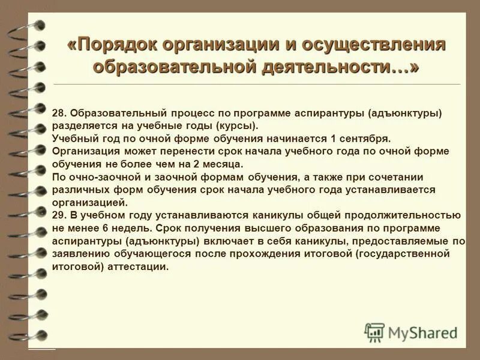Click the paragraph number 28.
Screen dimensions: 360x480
point(59,112)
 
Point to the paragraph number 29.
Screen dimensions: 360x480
point(59,215)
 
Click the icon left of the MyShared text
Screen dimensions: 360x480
point(375,332)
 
